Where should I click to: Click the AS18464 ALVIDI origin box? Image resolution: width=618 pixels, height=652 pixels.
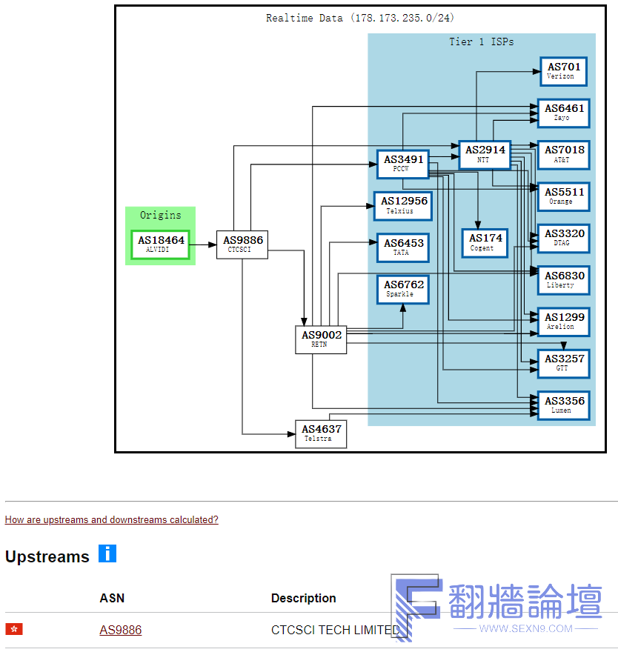[x=161, y=245]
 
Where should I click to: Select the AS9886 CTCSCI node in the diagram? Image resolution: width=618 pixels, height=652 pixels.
[x=242, y=245]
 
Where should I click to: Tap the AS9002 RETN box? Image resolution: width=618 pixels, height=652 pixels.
[x=321, y=340]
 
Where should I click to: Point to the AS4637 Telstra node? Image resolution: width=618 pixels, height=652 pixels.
[x=321, y=434]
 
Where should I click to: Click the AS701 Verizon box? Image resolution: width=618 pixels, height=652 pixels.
[x=563, y=72]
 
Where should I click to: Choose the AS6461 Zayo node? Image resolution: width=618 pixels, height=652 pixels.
[x=563, y=113]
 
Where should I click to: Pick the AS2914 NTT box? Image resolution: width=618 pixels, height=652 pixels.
[x=485, y=155]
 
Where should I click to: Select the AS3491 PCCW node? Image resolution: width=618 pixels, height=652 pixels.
[x=402, y=164]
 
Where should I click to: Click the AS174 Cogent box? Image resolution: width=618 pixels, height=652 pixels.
[x=485, y=243]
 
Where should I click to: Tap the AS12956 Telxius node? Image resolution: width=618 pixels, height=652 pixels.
[x=403, y=206]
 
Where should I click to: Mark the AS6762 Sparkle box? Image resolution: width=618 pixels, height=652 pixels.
[x=402, y=290]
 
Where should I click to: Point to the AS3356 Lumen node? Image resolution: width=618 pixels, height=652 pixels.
[x=563, y=405]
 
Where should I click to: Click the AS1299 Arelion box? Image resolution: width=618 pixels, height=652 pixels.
[x=563, y=322]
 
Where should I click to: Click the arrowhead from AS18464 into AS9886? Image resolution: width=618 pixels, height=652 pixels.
[x=212, y=245]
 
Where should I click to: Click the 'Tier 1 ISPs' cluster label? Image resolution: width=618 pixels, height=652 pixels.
[x=481, y=41]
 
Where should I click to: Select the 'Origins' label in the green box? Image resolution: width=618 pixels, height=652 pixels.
[x=161, y=215]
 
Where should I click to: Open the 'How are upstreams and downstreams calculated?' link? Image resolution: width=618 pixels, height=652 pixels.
[x=111, y=519]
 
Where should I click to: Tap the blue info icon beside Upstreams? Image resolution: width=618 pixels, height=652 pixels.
[x=107, y=553]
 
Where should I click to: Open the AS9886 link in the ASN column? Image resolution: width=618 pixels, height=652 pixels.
[x=121, y=630]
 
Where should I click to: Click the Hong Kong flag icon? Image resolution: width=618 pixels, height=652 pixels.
[x=14, y=629]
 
